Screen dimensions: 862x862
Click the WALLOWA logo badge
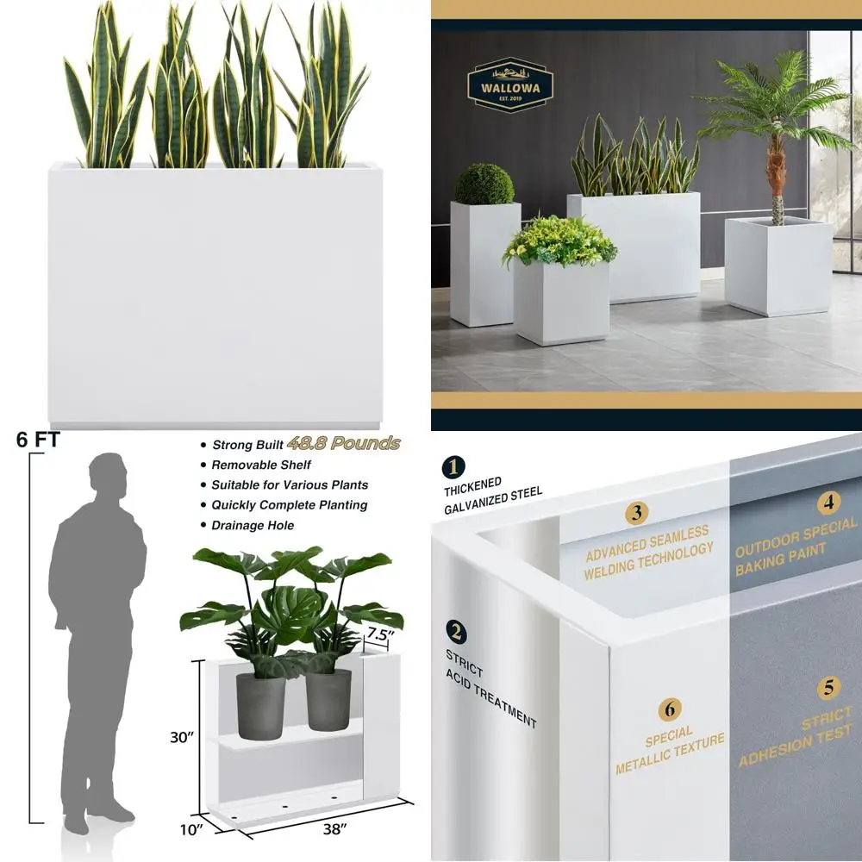point(509,84)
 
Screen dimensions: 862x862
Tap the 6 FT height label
point(37,439)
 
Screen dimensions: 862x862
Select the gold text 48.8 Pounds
point(344,443)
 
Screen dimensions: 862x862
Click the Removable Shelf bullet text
point(261,465)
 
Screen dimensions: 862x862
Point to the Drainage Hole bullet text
point(253,525)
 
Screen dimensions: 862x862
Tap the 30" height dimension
point(181,737)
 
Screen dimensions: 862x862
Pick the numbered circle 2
point(457,632)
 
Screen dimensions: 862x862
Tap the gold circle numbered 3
point(636,514)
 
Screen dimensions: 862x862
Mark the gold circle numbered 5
point(828,688)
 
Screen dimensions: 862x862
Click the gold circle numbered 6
point(670,710)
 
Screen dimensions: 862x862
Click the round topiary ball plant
point(484,184)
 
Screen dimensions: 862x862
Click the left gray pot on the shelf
point(260,705)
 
